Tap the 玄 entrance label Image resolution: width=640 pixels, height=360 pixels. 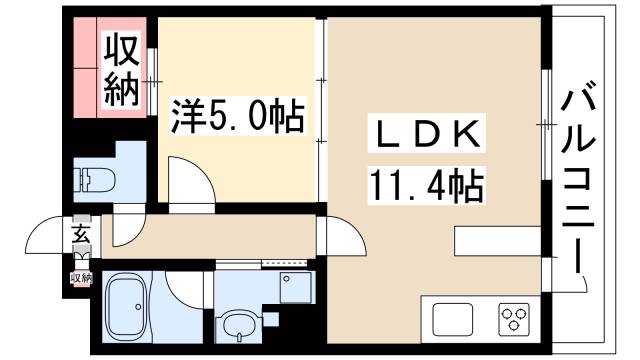(x=79, y=237)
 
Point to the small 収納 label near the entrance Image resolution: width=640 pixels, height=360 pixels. (x=80, y=276)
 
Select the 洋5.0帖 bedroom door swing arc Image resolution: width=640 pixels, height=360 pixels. (x=190, y=181)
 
